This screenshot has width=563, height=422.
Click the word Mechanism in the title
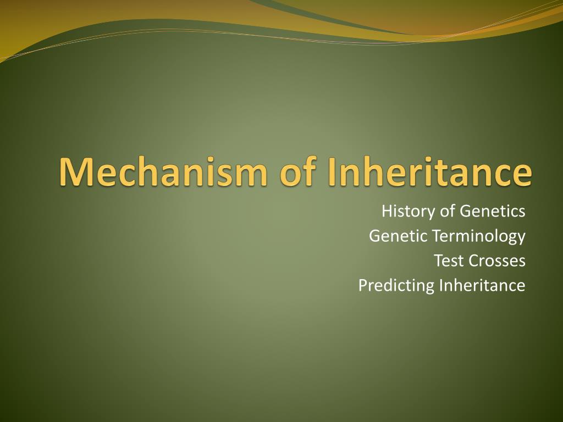pos(163,171)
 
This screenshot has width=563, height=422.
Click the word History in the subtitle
pos(409,212)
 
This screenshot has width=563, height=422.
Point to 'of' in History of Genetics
pos(448,210)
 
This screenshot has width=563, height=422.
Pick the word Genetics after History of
pos(493,211)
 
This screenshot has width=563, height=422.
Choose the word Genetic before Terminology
pos(398,236)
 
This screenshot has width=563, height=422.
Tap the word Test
pos(449,260)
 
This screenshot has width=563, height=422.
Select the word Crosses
pos(497,260)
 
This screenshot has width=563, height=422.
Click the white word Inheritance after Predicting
pos(482,285)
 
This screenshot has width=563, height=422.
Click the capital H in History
pos(388,212)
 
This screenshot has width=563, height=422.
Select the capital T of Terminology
pos(438,236)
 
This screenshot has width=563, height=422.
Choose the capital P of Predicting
pos(363,286)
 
